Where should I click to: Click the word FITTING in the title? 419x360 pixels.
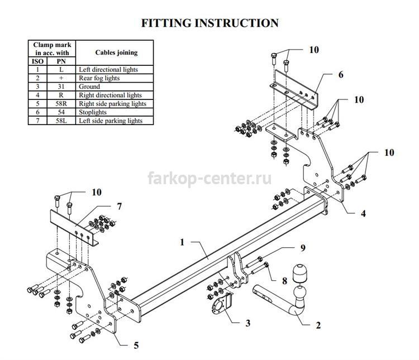point(166,23)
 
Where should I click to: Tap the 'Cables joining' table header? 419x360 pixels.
point(117,52)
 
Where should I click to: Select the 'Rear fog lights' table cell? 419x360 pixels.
point(99,78)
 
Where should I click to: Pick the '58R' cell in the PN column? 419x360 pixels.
point(61,103)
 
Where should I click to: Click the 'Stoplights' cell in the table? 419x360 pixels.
point(93,112)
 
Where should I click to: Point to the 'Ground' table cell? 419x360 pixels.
point(89,87)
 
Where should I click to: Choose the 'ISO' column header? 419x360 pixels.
point(37,61)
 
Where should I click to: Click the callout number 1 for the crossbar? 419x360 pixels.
point(182,242)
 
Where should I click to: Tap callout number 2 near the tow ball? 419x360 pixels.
point(318,325)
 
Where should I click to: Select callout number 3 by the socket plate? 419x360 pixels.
point(247,323)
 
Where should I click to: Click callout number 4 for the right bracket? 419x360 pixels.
point(363,213)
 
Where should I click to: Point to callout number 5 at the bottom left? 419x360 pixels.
point(136,345)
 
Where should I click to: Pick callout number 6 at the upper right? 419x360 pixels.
point(341,74)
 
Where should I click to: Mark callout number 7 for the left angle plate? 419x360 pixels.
point(119,206)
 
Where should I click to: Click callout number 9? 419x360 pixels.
point(303,248)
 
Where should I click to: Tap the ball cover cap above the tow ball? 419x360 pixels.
point(299,273)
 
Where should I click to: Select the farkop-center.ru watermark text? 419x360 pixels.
point(209,178)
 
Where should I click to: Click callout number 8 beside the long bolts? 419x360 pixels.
point(284,281)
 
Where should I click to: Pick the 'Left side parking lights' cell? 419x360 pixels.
point(111,121)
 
